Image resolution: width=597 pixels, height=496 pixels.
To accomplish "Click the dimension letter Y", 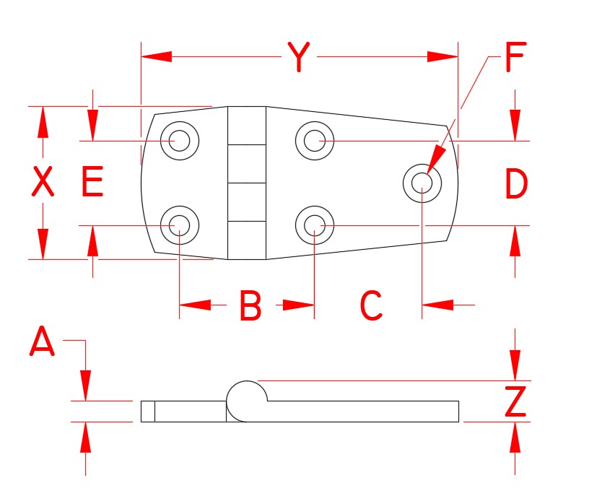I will click(x=299, y=58).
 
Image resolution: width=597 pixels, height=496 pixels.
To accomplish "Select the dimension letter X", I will click(x=43, y=183).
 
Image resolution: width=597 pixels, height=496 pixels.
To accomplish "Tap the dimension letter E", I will click(x=92, y=183).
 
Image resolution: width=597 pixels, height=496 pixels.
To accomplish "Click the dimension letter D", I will click(x=515, y=184).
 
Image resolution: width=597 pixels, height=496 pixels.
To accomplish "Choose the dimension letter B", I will click(x=250, y=306).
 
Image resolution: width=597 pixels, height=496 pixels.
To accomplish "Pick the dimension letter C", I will click(x=370, y=306).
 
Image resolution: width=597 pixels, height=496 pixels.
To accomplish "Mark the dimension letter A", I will click(x=42, y=341).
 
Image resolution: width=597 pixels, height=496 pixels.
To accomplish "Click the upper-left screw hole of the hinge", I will click(x=179, y=140).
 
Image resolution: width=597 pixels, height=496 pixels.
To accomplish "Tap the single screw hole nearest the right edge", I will click(x=422, y=182).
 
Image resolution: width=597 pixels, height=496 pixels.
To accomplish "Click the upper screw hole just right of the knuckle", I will click(x=314, y=140).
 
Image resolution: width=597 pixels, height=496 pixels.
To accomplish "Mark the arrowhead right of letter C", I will click(x=437, y=305).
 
